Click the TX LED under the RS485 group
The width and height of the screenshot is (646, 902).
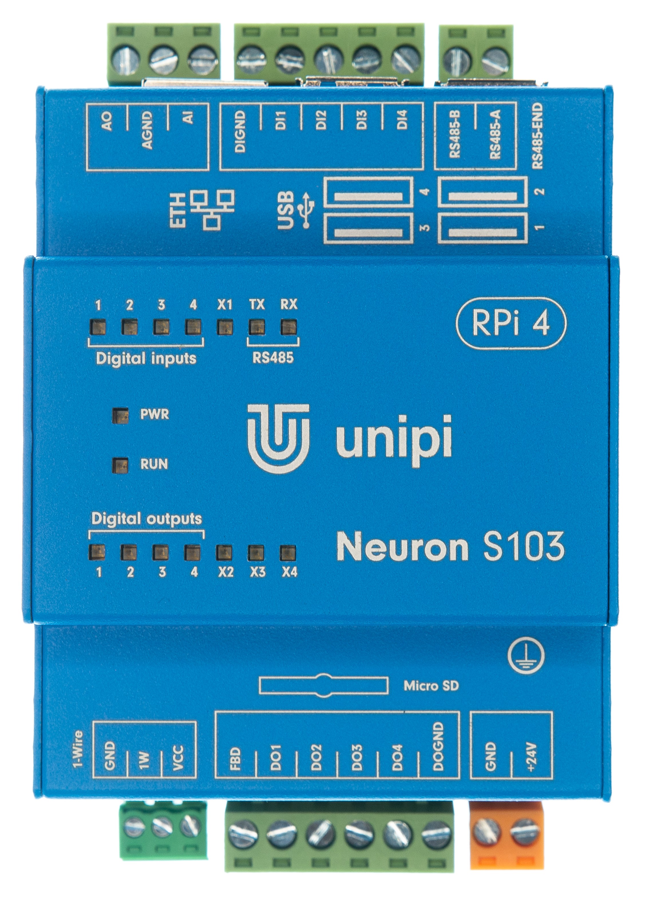[256, 327]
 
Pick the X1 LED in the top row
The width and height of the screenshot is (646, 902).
[225, 327]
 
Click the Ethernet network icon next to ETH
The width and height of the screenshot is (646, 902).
[212, 209]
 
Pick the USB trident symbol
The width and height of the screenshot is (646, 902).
[308, 210]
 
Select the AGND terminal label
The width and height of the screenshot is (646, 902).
[147, 130]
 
